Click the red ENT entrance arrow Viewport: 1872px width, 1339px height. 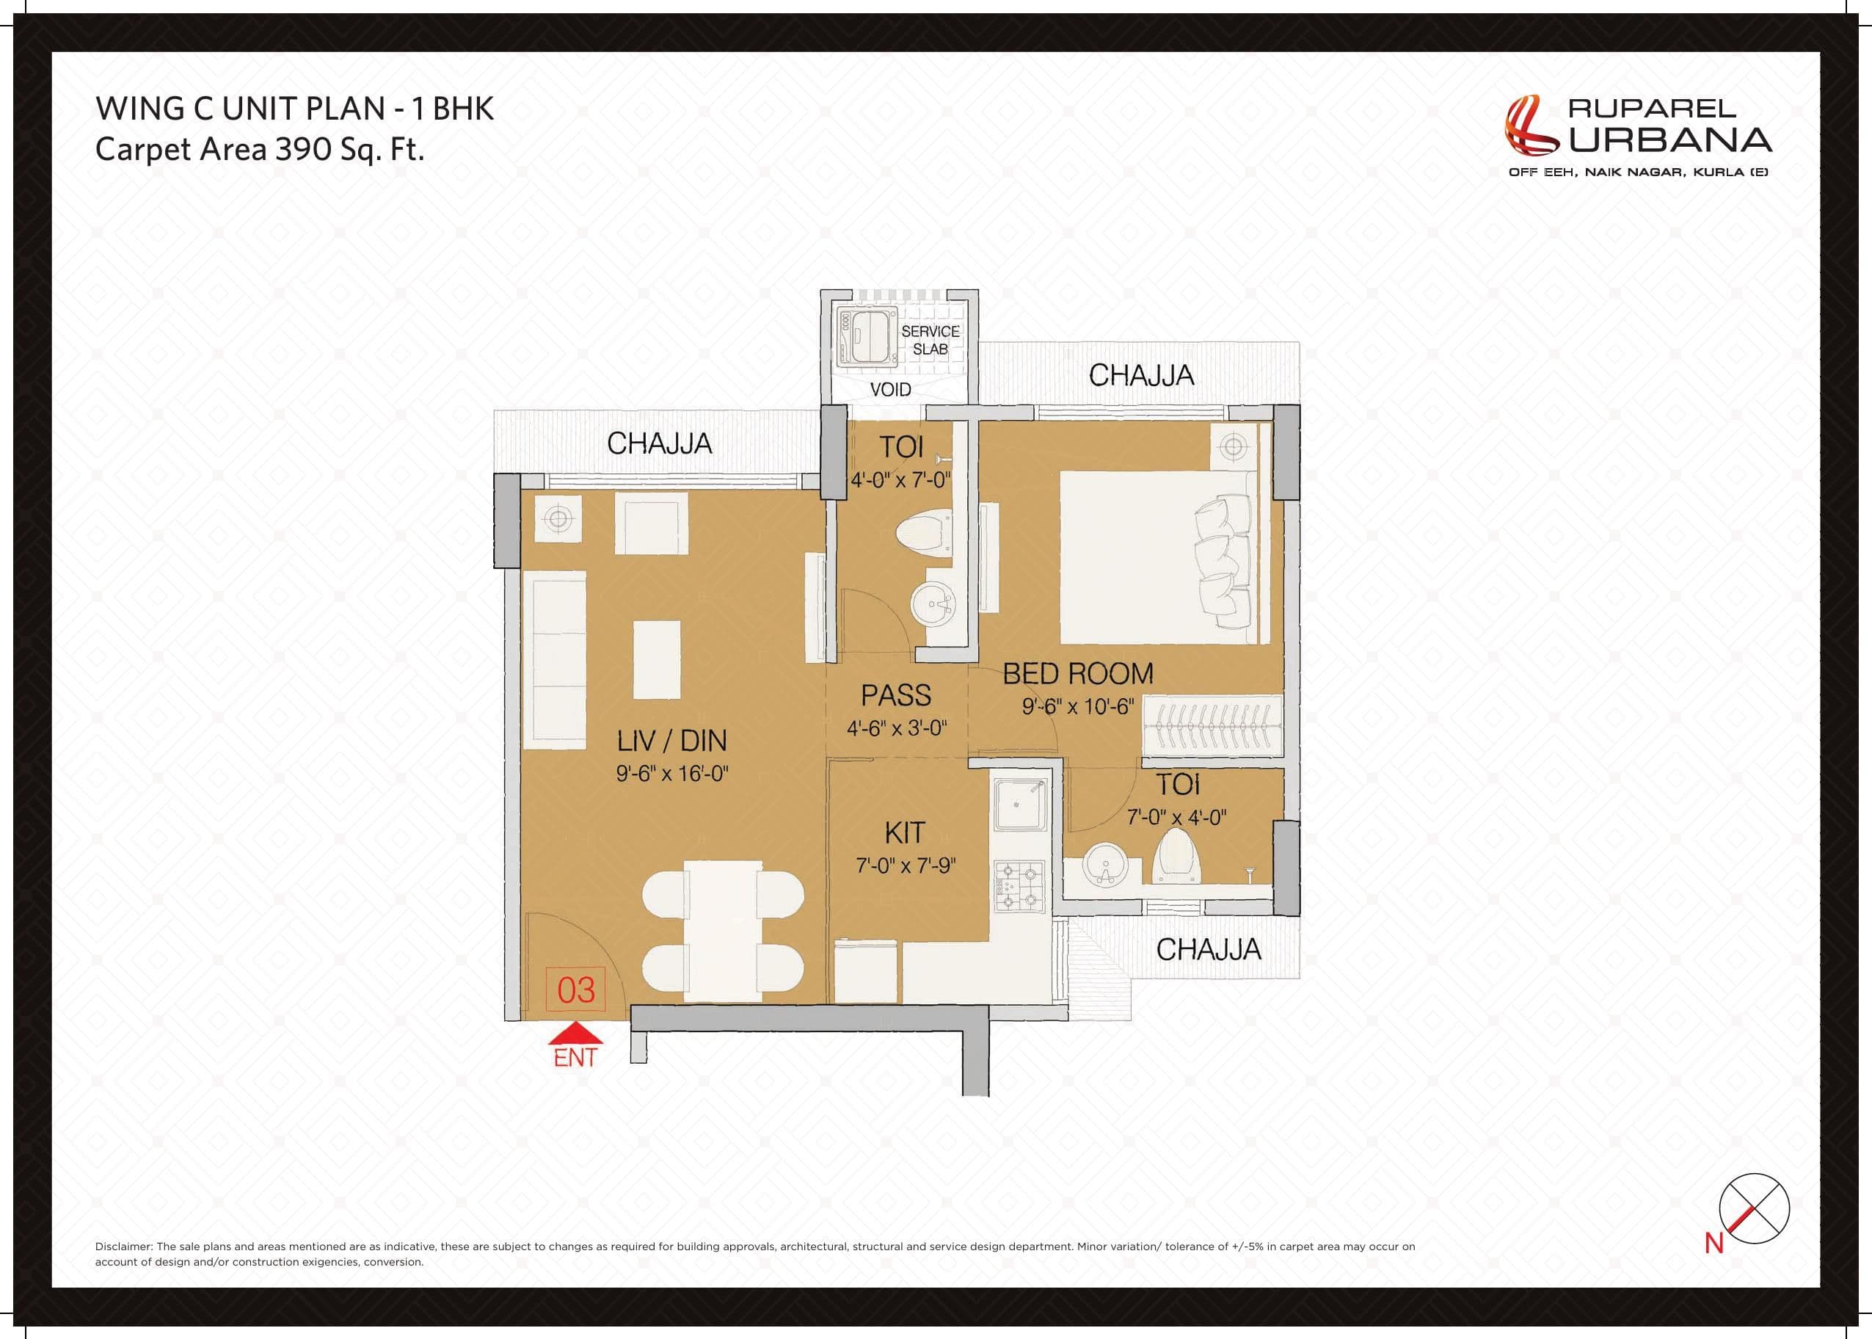(575, 1034)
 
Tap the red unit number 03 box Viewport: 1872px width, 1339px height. (575, 990)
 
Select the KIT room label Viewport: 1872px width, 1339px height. (904, 832)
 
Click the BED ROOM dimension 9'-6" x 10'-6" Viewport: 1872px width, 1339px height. (1077, 707)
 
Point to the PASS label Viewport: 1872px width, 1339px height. (896, 695)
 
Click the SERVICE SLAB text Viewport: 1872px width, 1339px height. (930, 340)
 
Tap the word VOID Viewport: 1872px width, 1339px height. (890, 389)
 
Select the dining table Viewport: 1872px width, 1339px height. (722, 930)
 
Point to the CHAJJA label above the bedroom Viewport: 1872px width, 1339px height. (1141, 376)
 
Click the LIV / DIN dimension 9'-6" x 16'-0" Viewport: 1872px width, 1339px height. (671, 774)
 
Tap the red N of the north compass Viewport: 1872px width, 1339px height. (1713, 1244)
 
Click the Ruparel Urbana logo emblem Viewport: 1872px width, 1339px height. (1530, 126)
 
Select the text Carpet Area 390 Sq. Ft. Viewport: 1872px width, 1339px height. (260, 149)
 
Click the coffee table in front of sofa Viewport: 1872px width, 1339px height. (656, 660)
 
